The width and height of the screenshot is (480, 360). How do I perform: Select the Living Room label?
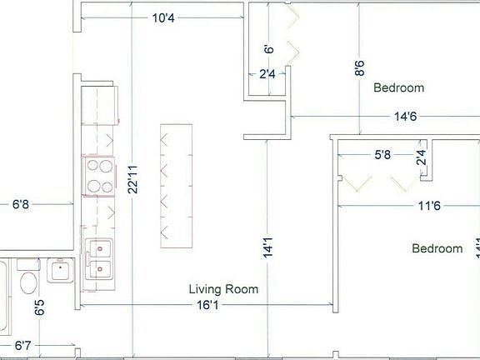click(x=223, y=290)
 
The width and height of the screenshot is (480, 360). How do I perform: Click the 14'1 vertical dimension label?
click(x=267, y=247)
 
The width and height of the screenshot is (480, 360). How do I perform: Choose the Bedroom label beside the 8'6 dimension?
click(x=398, y=87)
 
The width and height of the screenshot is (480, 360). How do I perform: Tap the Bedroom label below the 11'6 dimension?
click(x=437, y=248)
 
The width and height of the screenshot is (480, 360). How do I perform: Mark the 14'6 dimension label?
click(x=406, y=117)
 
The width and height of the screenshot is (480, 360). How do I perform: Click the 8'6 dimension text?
click(x=359, y=67)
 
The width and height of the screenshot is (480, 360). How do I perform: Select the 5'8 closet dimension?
click(x=383, y=154)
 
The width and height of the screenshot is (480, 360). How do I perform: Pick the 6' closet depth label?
click(x=268, y=50)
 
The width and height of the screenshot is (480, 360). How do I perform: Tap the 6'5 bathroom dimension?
click(x=39, y=307)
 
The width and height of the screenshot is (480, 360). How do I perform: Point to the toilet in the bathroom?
click(x=28, y=280)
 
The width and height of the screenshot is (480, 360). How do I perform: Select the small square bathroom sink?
click(x=61, y=270)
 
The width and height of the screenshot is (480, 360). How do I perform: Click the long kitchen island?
click(x=177, y=185)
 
